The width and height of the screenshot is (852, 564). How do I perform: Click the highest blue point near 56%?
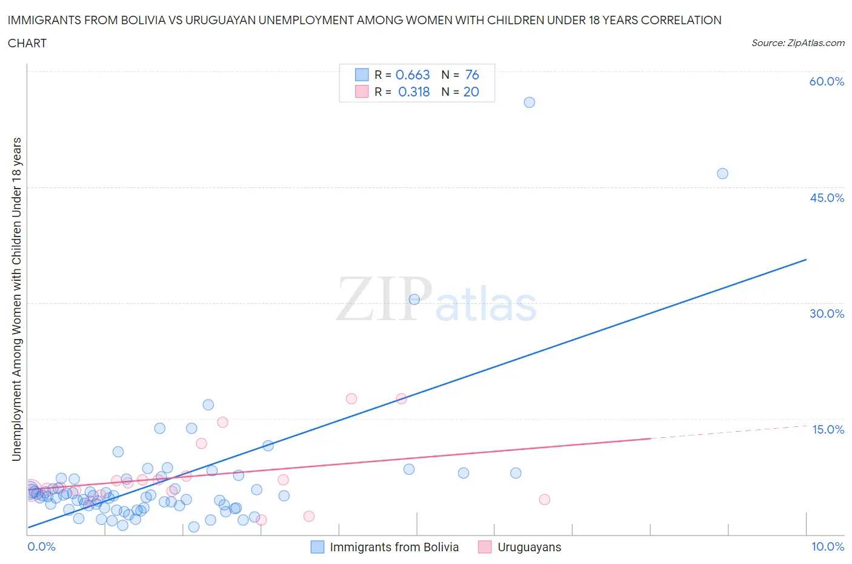(x=529, y=102)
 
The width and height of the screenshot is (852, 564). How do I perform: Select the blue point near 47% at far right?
(x=722, y=173)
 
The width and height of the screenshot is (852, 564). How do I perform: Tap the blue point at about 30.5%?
(x=414, y=299)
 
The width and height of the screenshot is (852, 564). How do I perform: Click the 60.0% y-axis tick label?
(x=827, y=81)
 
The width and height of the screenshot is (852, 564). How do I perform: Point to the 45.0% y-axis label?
(x=827, y=198)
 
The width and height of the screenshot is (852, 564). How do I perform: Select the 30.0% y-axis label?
(x=827, y=314)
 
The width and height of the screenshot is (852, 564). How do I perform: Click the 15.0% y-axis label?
(x=828, y=429)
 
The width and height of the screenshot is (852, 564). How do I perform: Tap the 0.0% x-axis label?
(x=41, y=546)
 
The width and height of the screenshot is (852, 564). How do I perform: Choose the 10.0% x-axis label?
(x=828, y=546)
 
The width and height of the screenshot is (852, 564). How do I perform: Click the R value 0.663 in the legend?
(x=413, y=75)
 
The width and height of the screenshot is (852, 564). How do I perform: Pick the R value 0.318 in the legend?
(x=414, y=92)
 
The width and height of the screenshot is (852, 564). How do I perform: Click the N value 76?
(x=472, y=75)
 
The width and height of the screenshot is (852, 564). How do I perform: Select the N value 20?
(x=471, y=92)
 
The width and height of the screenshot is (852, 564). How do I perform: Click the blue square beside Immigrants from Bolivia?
(x=318, y=547)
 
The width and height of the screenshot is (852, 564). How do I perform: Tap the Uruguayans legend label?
(x=529, y=547)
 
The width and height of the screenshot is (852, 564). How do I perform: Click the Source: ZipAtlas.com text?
(x=797, y=42)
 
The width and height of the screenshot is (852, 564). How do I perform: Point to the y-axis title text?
(x=16, y=299)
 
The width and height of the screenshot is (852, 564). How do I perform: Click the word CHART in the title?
(x=27, y=43)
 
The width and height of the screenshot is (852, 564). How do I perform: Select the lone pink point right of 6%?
(x=544, y=500)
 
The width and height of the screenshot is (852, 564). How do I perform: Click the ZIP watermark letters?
(x=384, y=299)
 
